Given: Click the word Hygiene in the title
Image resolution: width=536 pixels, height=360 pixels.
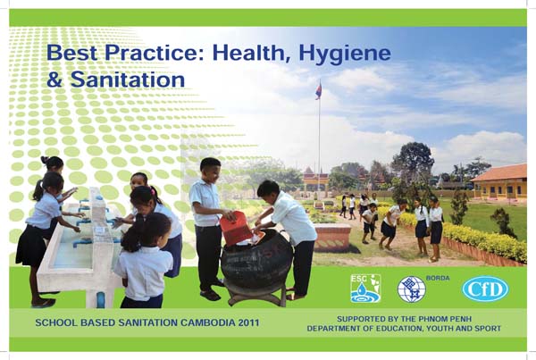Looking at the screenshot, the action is coord(345,54).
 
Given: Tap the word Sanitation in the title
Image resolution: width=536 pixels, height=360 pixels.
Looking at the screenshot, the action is coord(128,80).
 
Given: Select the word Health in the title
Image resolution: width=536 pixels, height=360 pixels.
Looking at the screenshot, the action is coord(252,54).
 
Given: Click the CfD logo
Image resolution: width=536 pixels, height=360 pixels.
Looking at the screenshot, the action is coord(485,289).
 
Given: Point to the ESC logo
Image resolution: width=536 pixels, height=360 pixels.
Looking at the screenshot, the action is coord(365,289).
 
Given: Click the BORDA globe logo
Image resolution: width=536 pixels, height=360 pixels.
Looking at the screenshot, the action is coord(411,289).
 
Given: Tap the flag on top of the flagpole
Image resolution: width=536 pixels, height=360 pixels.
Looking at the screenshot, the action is coord(319,90).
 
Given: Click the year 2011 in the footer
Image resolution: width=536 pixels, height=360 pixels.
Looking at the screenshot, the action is coord(249,322).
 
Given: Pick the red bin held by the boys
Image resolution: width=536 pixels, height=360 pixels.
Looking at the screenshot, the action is coord(237,228).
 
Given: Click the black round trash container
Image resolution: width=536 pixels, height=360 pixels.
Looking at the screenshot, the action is coord(256,261).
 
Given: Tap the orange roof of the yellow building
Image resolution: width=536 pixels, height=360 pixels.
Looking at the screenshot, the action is coord(500,172).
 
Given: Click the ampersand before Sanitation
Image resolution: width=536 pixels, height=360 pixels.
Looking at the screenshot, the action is coord(54,80).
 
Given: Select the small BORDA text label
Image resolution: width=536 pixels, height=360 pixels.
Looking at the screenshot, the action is coord(438,279).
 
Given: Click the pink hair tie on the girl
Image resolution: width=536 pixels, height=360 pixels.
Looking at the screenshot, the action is coord(151,190).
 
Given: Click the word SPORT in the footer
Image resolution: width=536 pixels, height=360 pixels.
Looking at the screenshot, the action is coord(488,329).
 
